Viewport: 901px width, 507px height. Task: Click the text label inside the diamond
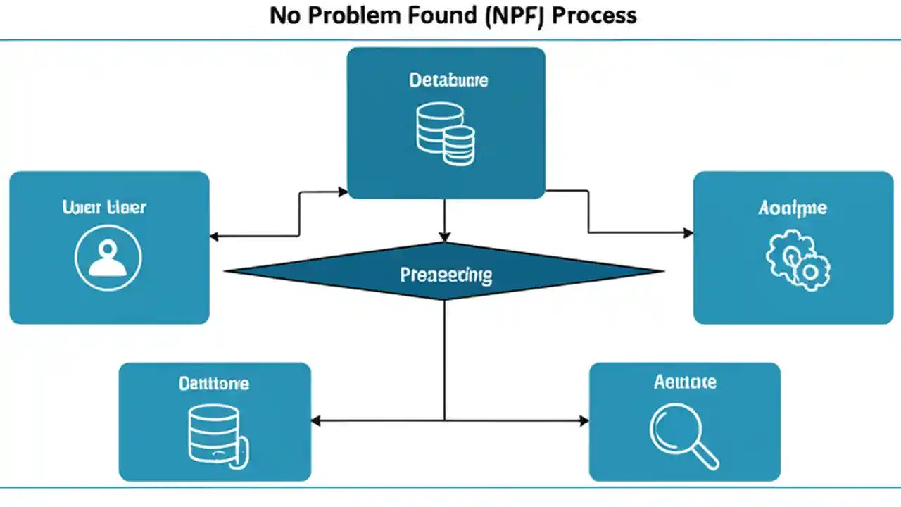[446, 275]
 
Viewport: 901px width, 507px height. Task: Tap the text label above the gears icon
[793, 208]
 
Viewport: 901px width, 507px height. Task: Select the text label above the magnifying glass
[684, 382]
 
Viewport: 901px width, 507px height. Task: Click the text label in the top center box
[448, 80]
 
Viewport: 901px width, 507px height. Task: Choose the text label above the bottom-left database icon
[213, 383]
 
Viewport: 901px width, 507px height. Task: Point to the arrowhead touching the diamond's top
[444, 237]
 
